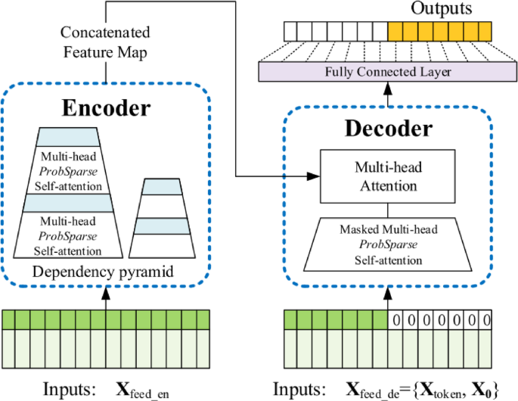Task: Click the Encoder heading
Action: (x=105, y=107)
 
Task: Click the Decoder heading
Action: (x=388, y=129)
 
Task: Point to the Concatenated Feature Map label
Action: (x=105, y=42)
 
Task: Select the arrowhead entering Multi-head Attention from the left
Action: (x=313, y=176)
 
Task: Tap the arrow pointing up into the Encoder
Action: (x=105, y=297)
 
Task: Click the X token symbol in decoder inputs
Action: (x=437, y=390)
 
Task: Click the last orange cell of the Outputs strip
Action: (x=484, y=31)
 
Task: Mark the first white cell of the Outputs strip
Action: (x=290, y=31)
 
